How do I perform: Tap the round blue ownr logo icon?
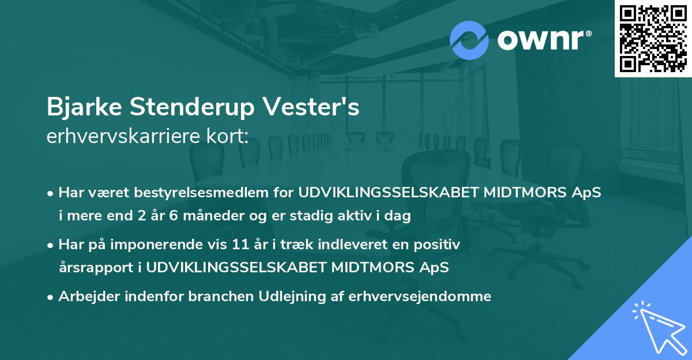point(469,39)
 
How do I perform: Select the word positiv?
point(439,245)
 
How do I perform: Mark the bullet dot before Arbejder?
point(51,297)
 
